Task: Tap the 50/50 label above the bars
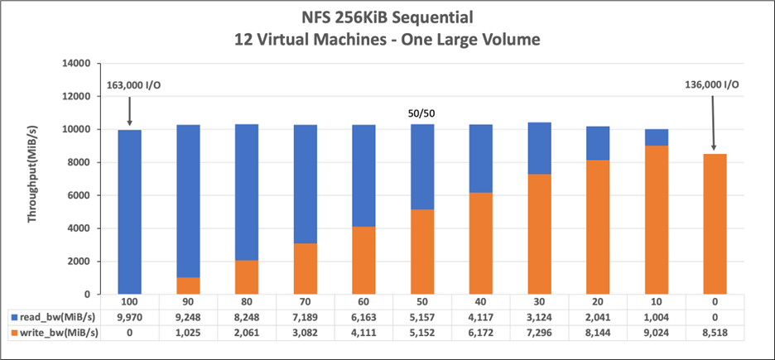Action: coord(423,113)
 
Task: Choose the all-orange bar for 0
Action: coord(715,223)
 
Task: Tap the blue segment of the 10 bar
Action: coord(657,137)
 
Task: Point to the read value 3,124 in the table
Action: coord(540,317)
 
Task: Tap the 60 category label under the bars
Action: coord(364,301)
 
